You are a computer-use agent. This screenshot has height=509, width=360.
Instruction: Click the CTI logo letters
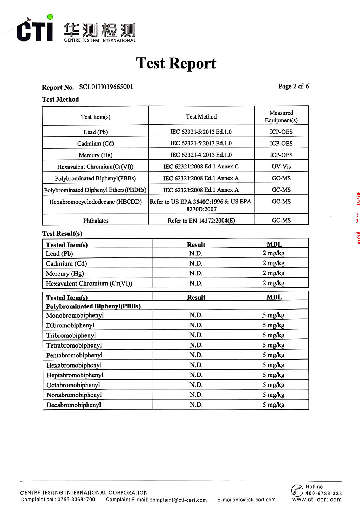[x=34, y=30]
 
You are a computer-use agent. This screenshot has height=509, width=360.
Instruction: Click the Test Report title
[x=176, y=64]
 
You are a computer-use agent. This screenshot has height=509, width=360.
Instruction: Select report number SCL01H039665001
[x=106, y=87]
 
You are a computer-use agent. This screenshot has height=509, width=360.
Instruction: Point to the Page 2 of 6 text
[x=293, y=86]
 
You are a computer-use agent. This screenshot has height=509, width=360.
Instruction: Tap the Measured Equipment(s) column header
[x=281, y=116]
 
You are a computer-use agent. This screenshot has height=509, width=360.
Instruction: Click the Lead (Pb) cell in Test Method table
[x=96, y=132]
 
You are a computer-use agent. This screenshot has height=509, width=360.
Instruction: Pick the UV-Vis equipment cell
[x=281, y=166]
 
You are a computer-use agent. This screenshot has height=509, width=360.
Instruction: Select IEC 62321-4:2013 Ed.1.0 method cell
[x=201, y=155]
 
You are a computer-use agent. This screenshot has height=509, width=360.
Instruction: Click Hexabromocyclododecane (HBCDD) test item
[x=95, y=202]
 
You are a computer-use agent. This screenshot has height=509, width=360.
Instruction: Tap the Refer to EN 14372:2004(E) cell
[x=201, y=221]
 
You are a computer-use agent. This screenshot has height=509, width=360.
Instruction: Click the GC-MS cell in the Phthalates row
[x=281, y=220]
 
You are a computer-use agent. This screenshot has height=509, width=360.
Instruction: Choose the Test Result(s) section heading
[x=62, y=234]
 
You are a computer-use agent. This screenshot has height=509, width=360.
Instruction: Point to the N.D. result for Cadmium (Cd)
[x=196, y=263]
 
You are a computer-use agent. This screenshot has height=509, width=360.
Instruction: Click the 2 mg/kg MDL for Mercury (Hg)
[x=274, y=273]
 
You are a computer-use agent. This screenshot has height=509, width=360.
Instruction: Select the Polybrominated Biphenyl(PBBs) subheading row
[x=93, y=306]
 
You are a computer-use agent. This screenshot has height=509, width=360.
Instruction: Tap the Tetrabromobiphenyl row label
[x=74, y=345]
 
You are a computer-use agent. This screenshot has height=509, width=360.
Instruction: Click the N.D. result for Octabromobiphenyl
[x=196, y=385]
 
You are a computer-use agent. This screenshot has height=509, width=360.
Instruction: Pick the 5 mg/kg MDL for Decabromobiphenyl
[x=274, y=405]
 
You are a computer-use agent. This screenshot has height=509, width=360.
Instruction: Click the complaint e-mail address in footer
[x=178, y=500]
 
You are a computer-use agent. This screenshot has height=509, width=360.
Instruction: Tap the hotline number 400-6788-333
[x=323, y=493]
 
